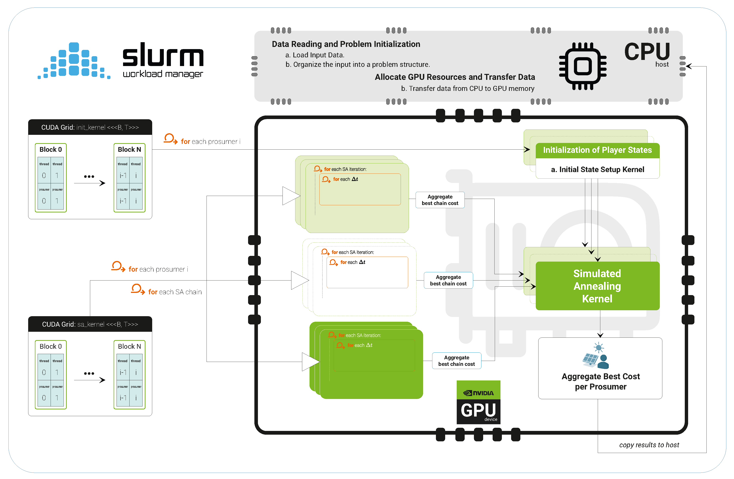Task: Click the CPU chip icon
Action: (583, 66)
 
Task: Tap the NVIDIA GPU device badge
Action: (478, 402)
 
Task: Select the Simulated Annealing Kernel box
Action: (597, 286)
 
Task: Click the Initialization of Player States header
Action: (597, 150)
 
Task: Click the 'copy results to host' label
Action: (649, 445)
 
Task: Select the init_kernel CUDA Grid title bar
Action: (90, 127)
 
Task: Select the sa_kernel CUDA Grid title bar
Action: (90, 324)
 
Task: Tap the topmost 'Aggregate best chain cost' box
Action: (440, 200)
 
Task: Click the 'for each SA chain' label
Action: (175, 292)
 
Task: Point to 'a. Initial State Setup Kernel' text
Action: (597, 170)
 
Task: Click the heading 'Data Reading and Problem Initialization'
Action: (346, 44)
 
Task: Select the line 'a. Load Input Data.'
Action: (315, 55)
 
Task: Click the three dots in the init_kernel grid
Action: (89, 177)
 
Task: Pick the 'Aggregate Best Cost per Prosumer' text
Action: (601, 381)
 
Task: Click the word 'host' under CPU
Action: (662, 64)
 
